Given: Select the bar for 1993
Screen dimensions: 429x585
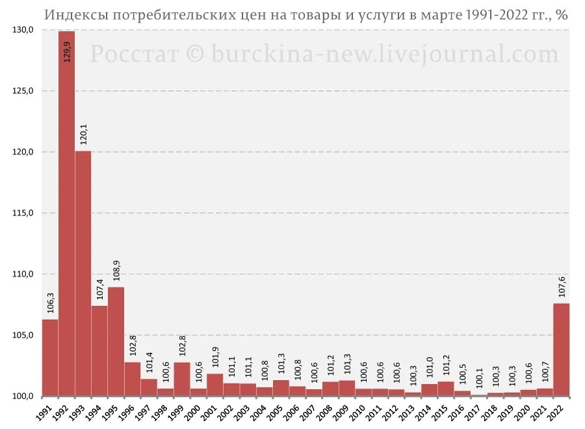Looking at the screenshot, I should coord(83,273).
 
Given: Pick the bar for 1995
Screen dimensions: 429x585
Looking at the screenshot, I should coord(116,341).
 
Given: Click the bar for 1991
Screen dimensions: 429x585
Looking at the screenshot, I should coord(50,357).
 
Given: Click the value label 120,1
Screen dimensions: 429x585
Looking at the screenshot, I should coord(83,133).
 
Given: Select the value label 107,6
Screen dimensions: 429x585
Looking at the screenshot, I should coord(562,286).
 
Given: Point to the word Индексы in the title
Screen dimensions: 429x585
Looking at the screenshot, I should coord(72,16).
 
